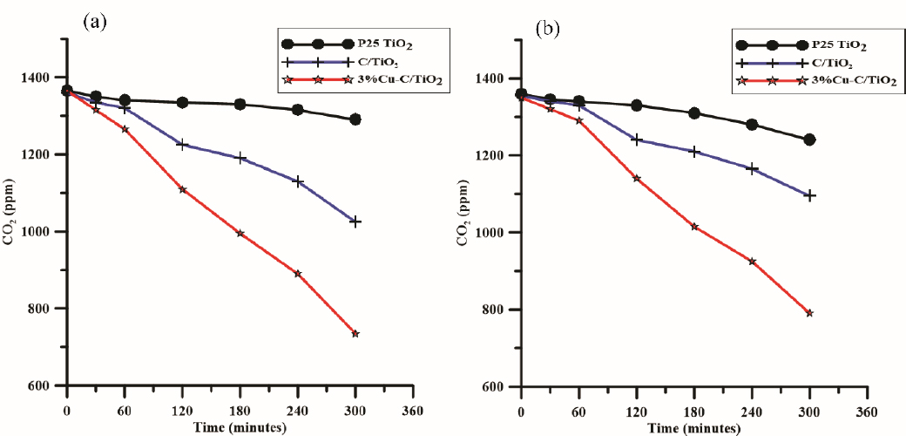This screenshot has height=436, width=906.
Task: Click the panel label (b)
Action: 548,29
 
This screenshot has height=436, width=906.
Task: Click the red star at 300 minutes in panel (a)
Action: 355,334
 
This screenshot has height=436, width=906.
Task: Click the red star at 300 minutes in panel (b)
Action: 809,312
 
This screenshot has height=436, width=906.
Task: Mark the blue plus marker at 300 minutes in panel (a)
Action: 355,221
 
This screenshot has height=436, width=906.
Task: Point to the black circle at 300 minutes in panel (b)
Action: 809,140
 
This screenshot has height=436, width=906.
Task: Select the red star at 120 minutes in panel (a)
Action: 183,189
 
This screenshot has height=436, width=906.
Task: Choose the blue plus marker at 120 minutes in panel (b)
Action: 637,140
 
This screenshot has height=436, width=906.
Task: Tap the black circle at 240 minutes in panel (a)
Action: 298,110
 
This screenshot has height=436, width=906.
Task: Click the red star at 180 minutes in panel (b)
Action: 694,227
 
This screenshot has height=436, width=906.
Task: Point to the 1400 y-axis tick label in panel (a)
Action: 39,78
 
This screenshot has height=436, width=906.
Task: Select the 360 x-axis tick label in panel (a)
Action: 413,412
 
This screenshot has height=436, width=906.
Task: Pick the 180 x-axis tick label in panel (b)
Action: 694,412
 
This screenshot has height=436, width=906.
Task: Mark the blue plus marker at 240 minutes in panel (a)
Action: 298,181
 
